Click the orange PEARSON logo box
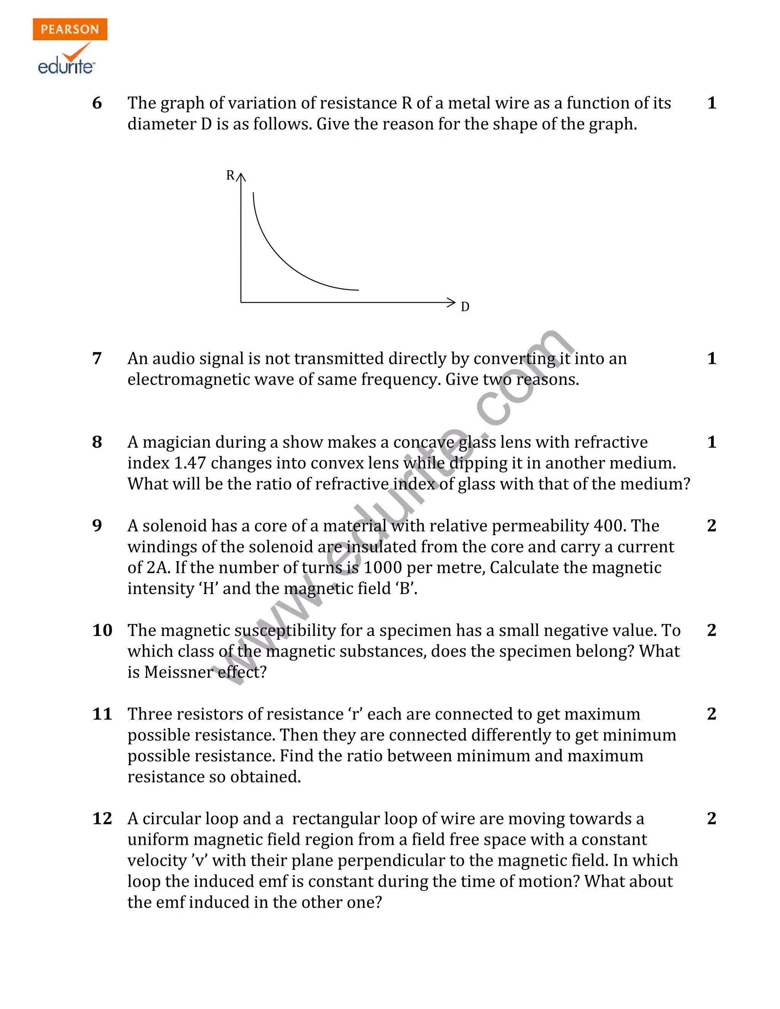[x=70, y=29]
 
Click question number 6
[x=97, y=103]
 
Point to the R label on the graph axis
[x=230, y=176]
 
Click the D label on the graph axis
[x=465, y=307]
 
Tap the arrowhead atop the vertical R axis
[x=241, y=177]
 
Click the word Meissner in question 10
[x=178, y=672]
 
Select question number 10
[x=102, y=630]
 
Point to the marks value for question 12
[x=711, y=818]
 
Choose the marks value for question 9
[x=711, y=526]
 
